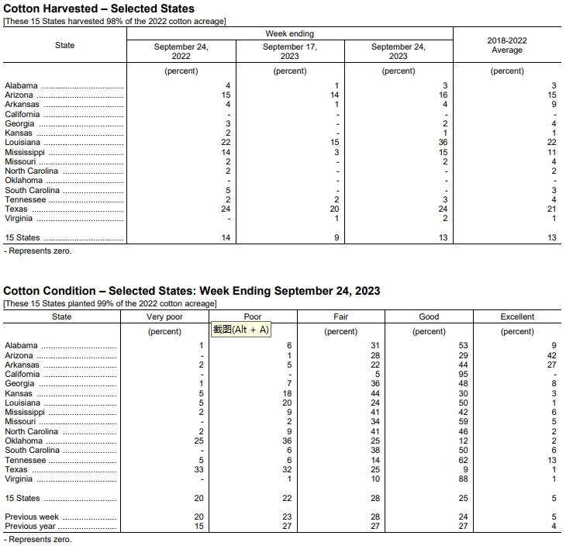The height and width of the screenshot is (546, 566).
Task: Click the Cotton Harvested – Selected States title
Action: coord(98,9)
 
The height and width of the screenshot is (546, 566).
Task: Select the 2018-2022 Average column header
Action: coord(507,45)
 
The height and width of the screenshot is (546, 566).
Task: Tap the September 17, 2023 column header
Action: coord(290,51)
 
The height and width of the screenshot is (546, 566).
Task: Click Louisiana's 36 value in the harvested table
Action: coord(443,143)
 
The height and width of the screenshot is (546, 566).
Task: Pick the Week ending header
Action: coord(290,34)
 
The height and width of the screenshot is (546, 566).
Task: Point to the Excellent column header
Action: coord(517,316)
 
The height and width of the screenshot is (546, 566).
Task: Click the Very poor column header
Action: coord(164,316)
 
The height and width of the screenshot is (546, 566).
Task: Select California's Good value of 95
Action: coord(463,374)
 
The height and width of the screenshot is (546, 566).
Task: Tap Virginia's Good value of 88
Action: coord(463,479)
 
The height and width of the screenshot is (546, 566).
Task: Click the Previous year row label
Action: coord(29,526)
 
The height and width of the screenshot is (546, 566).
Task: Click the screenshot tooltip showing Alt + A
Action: coord(240,330)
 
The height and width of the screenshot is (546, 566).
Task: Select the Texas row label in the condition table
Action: coord(16,469)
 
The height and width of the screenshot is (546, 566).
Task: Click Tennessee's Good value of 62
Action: coord(463,460)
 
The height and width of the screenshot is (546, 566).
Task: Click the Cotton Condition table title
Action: coord(192,291)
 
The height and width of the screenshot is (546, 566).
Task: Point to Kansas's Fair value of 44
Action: coord(375,393)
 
